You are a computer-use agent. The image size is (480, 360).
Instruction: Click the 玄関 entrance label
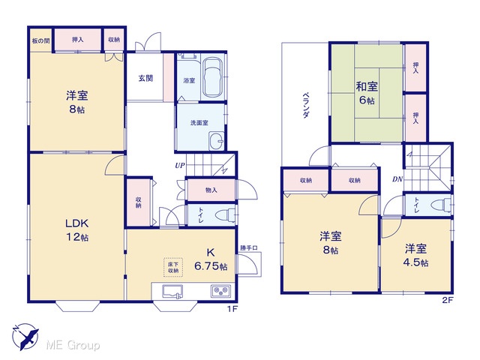145,78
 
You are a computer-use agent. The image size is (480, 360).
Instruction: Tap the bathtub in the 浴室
213,77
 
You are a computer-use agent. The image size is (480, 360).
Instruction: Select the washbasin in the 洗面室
217,141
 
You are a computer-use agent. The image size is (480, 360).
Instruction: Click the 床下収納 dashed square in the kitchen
173,268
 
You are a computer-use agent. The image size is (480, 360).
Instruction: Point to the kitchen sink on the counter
172,291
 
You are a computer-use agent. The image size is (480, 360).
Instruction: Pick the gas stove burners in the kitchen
220,291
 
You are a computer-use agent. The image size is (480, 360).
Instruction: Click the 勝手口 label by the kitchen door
248,248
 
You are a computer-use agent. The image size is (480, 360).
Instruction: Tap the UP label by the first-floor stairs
180,166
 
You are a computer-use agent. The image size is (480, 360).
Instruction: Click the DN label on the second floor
397,179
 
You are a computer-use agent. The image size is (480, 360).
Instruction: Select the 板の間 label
40,40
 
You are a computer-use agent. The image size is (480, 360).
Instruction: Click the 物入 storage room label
211,190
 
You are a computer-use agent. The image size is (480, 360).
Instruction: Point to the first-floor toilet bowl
225,215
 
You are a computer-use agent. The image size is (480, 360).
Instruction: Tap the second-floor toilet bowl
443,205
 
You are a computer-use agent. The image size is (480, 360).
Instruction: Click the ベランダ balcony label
305,105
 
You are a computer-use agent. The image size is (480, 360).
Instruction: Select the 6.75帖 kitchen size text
211,266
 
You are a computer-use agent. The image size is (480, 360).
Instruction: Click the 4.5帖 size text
415,262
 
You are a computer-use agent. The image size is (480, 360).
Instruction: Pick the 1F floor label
232,308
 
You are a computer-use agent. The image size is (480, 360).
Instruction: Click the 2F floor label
447,300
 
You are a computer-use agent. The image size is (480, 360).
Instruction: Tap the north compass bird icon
26,336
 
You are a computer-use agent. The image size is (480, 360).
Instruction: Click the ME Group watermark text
73,345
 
